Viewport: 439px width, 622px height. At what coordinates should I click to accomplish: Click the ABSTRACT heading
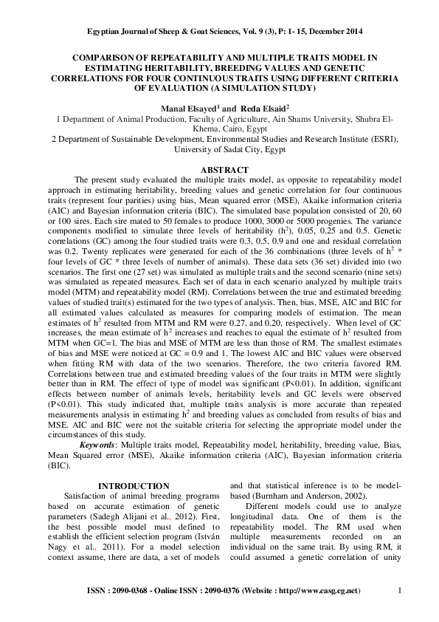click(x=219, y=170)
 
